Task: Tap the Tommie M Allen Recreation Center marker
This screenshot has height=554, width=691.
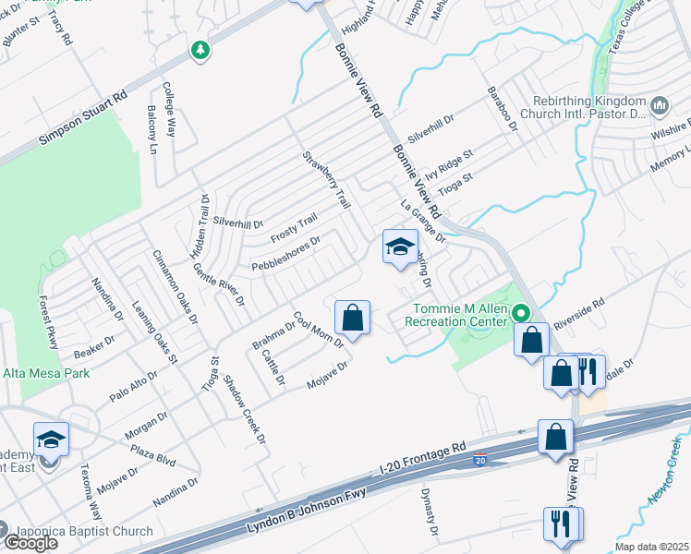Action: click(x=520, y=314)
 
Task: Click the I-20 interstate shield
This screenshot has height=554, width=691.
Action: click(x=479, y=459)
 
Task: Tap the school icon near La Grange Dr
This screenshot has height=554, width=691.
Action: click(x=399, y=247)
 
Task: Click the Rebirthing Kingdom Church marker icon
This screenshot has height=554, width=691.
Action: click(x=661, y=106)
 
